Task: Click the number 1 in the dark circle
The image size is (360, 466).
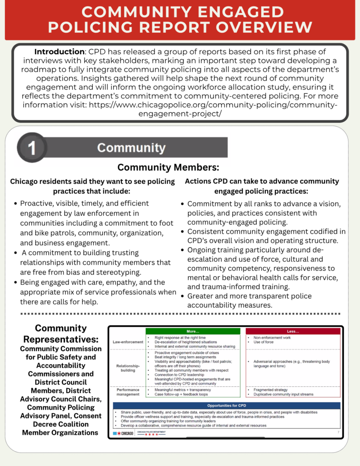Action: [x=32, y=148]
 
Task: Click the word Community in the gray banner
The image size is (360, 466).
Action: [x=131, y=148]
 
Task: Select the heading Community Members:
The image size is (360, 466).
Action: [x=168, y=167]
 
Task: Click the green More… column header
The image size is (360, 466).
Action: [x=193, y=331]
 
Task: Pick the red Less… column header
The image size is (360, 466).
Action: [x=293, y=331]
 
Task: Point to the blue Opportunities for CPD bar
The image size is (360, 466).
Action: [x=227, y=405]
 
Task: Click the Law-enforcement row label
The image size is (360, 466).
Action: [x=127, y=342]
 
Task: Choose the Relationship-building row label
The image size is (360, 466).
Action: [x=128, y=368]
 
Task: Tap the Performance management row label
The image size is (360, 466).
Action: [x=127, y=392]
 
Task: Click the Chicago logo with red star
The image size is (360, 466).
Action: [x=123, y=433]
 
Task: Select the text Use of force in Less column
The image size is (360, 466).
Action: [x=264, y=342]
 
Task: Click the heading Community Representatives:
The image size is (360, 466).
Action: [x=61, y=334]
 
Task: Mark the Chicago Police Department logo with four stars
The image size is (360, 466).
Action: [x=152, y=433]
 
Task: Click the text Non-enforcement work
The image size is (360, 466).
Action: [x=272, y=338]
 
